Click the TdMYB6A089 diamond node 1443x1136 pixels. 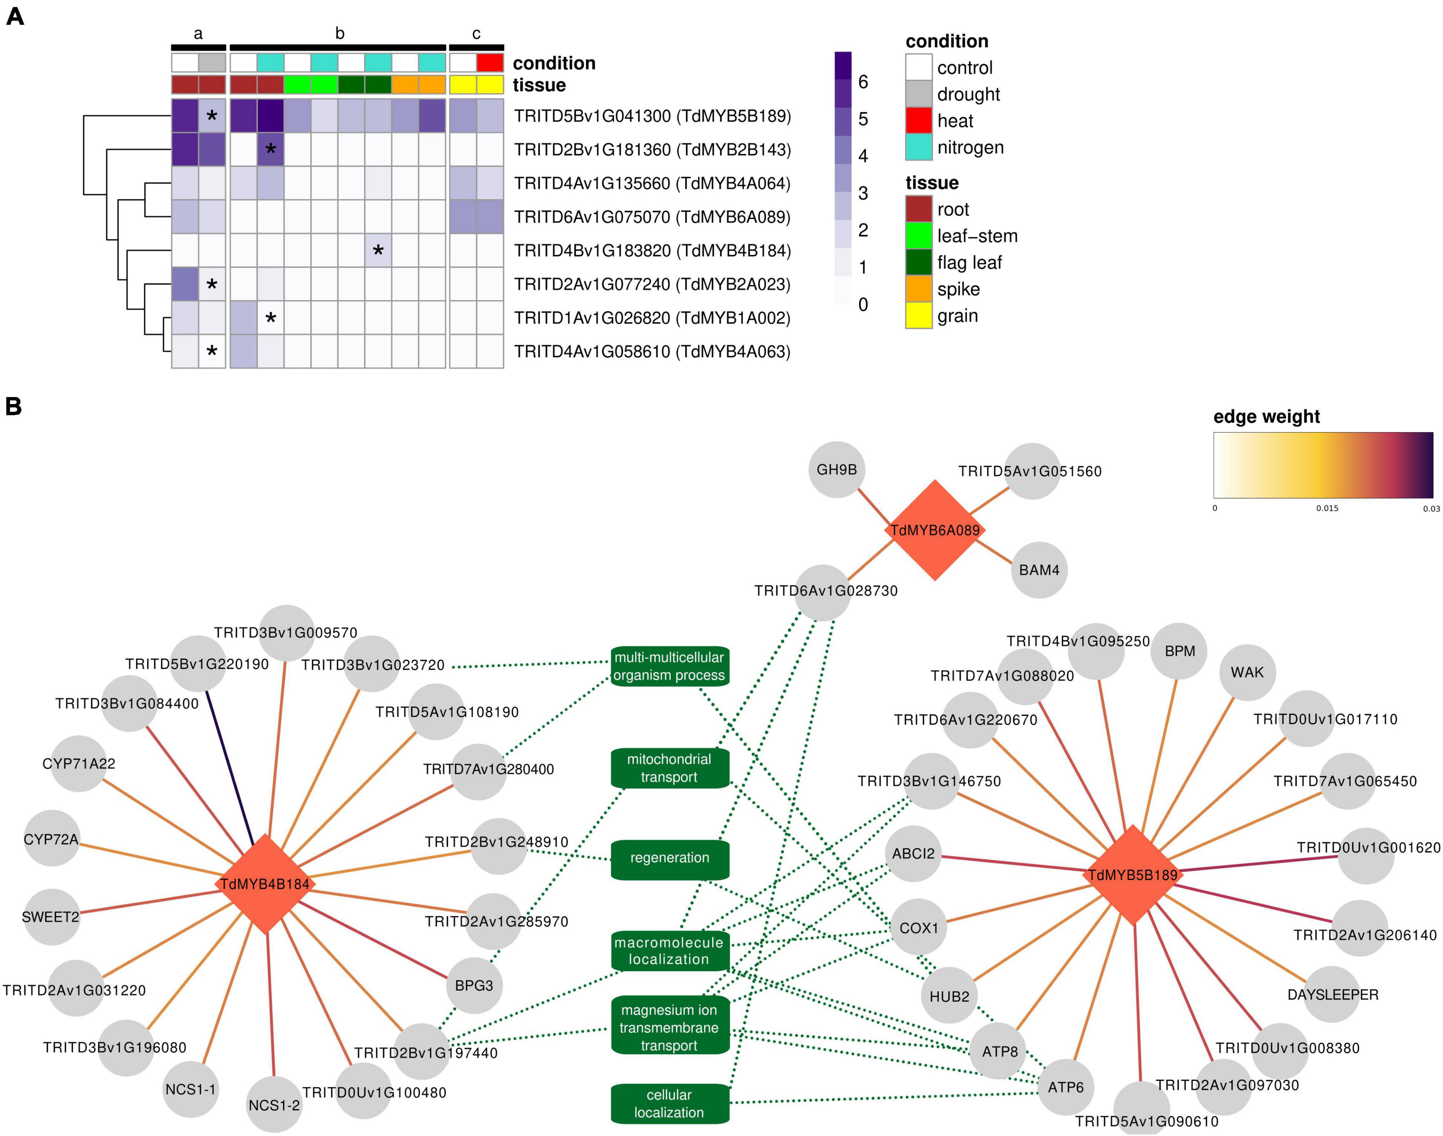pyautogui.click(x=934, y=530)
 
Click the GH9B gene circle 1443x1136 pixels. pyautogui.click(x=837, y=470)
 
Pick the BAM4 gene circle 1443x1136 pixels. pyautogui.click(x=1039, y=570)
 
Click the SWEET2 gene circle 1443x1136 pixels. pyautogui.click(x=50, y=917)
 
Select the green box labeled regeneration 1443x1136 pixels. pyautogui.click(x=669, y=858)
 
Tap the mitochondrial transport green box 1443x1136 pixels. pyautogui.click(x=669, y=768)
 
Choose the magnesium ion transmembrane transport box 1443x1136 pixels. pyautogui.click(x=669, y=1028)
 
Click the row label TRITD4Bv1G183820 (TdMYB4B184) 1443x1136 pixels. pyautogui.click(x=652, y=251)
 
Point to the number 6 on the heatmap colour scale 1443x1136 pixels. pyautogui.click(x=863, y=82)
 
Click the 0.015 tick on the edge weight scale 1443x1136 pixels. pyautogui.click(x=1327, y=508)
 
